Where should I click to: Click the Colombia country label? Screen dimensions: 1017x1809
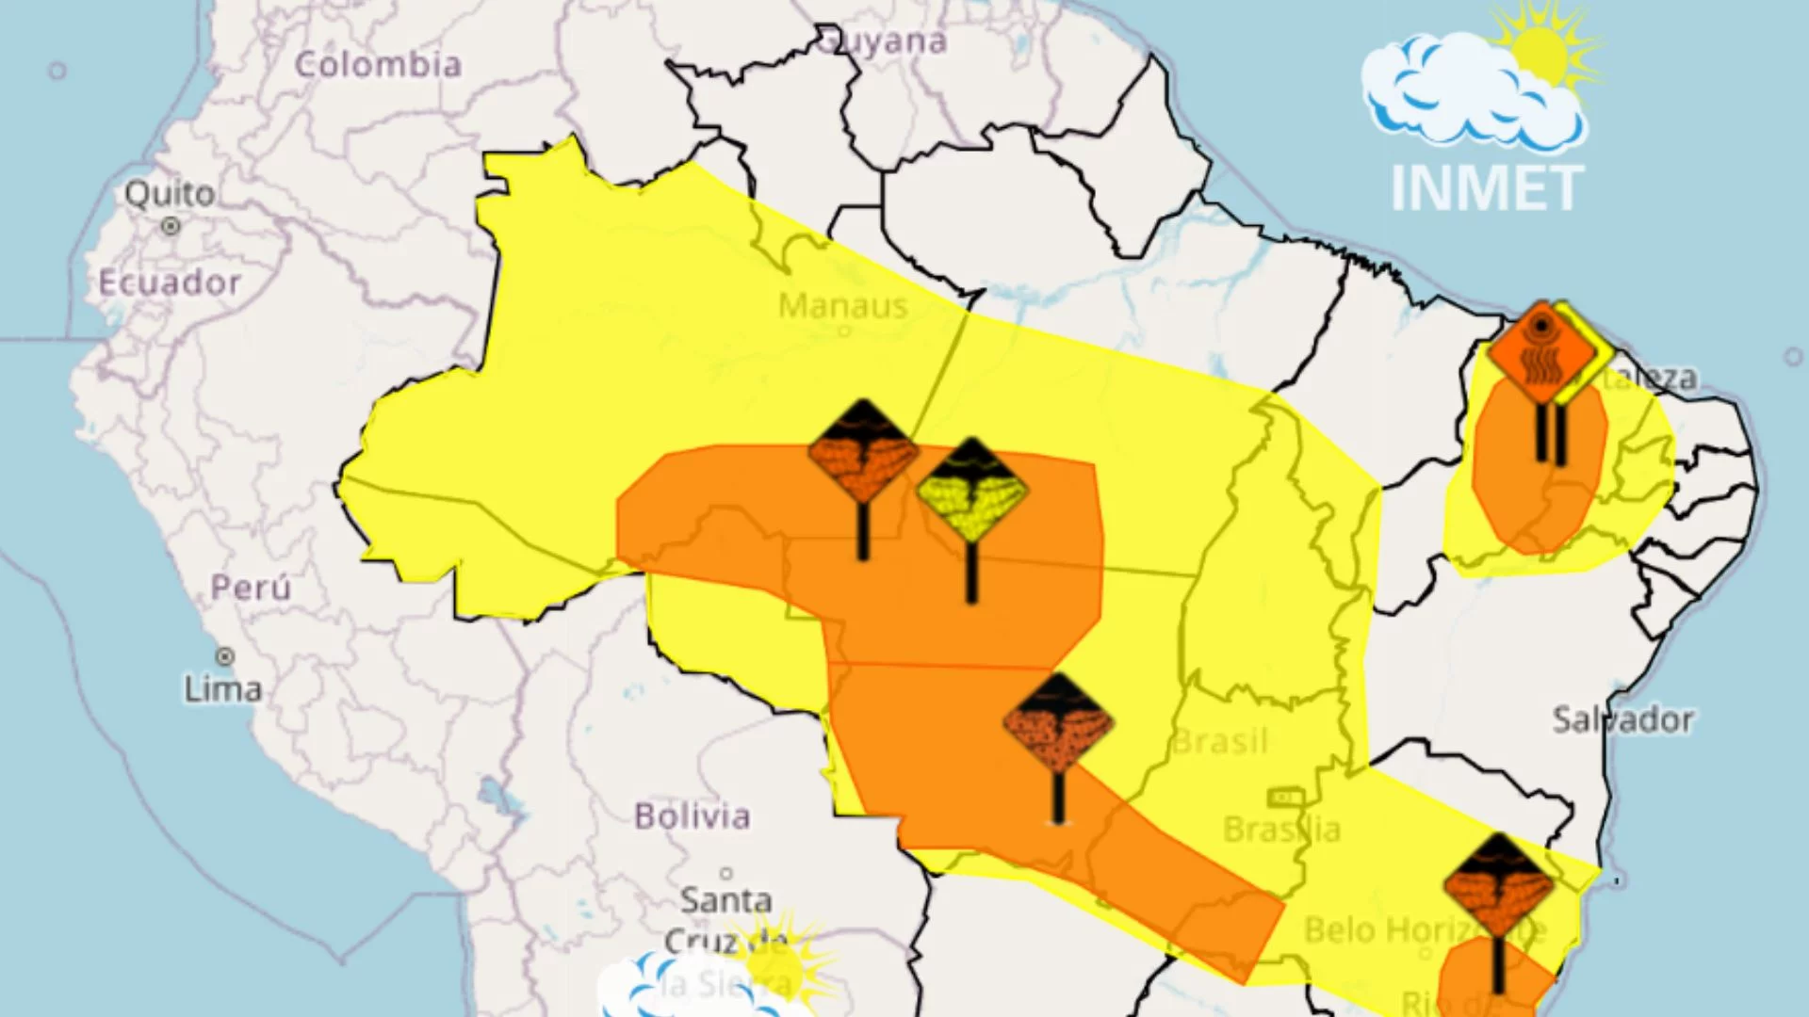pyautogui.click(x=378, y=65)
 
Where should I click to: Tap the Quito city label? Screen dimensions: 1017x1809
pyautogui.click(x=171, y=194)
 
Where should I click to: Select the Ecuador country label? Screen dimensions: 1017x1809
pyautogui.click(x=170, y=282)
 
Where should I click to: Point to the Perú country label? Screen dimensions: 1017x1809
pyautogui.click(x=251, y=588)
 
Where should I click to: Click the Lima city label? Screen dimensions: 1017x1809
pyautogui.click(x=223, y=689)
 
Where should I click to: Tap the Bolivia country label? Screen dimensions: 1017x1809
pyautogui.click(x=693, y=815)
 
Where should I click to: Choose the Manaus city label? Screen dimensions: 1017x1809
pyautogui.click(x=843, y=306)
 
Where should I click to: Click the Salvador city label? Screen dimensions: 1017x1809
pyautogui.click(x=1622, y=720)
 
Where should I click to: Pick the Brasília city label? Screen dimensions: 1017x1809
pyautogui.click(x=1281, y=830)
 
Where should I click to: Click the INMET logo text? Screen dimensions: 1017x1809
pyautogui.click(x=1488, y=189)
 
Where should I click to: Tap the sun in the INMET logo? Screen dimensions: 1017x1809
pyautogui.click(x=1541, y=52)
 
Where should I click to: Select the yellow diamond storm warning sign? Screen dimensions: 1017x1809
pyautogui.click(x=971, y=490)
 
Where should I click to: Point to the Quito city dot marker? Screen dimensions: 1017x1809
pyautogui.click(x=171, y=226)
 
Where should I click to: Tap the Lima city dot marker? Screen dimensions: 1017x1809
pyautogui.click(x=225, y=656)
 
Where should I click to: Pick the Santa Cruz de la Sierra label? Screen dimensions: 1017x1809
pyautogui.click(x=726, y=940)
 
